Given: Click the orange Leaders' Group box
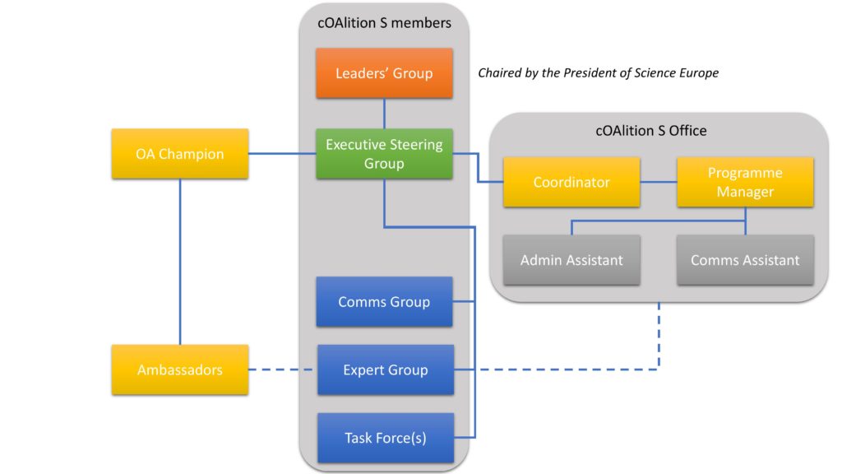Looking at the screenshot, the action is pyautogui.click(x=384, y=73).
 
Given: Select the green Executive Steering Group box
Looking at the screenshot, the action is pyautogui.click(x=384, y=154).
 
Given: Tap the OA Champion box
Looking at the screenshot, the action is pyautogui.click(x=180, y=154).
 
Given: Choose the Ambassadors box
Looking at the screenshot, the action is pyautogui.click(x=180, y=369).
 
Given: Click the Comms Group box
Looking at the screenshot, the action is pyautogui.click(x=384, y=301).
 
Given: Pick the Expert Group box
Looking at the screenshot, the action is pyautogui.click(x=386, y=369).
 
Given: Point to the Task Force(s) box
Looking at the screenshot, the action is pyautogui.click(x=386, y=438).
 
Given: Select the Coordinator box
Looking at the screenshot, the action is pyautogui.click(x=571, y=182).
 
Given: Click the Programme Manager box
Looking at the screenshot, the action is pyautogui.click(x=745, y=182).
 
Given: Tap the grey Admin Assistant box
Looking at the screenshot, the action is pyautogui.click(x=571, y=260).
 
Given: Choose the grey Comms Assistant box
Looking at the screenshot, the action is pyautogui.click(x=745, y=260).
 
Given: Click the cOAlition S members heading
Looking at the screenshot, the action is pyautogui.click(x=385, y=23).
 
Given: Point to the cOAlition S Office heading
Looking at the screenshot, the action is pyautogui.click(x=651, y=131).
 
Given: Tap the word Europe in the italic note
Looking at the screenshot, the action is pyautogui.click(x=699, y=73).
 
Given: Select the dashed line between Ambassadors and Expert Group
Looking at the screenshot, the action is pyautogui.click(x=282, y=369).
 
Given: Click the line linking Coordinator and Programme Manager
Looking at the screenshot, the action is pyautogui.click(x=659, y=182).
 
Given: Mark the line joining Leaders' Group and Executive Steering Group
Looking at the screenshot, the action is pyautogui.click(x=384, y=114).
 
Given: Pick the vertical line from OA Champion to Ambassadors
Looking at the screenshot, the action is pyautogui.click(x=180, y=262).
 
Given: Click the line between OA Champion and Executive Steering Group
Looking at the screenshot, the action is pyautogui.click(x=282, y=154).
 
